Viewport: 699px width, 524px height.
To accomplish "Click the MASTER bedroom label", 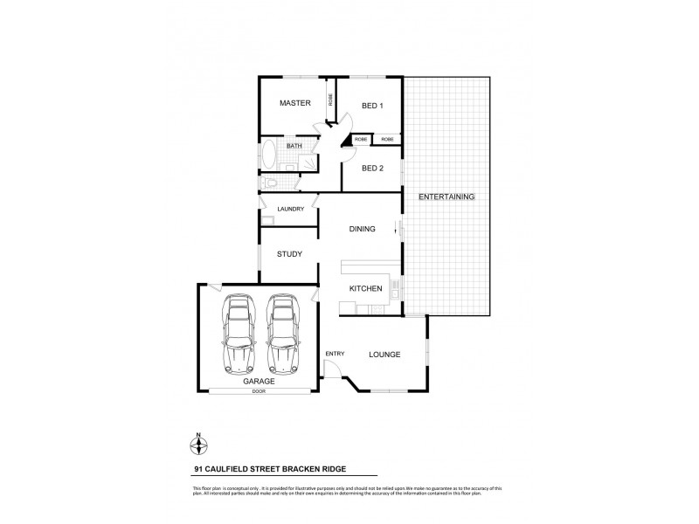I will [x=295, y=104].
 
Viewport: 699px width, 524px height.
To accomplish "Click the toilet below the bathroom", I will [x=272, y=183].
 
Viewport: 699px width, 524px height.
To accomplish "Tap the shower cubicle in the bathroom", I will [x=308, y=160].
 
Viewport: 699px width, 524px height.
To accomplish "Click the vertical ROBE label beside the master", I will [x=330, y=100].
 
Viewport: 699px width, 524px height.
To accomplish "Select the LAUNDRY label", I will [x=290, y=210].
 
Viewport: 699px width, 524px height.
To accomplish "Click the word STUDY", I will [x=289, y=254].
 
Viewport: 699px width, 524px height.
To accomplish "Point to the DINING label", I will [x=362, y=230].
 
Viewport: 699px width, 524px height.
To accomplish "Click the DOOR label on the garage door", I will [x=257, y=391].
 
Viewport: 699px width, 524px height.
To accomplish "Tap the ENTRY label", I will [x=335, y=354].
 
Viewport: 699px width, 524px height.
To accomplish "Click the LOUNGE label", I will [x=384, y=355].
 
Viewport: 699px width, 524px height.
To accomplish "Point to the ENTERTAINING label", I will [x=446, y=197].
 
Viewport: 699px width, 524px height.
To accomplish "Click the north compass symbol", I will [x=198, y=445].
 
